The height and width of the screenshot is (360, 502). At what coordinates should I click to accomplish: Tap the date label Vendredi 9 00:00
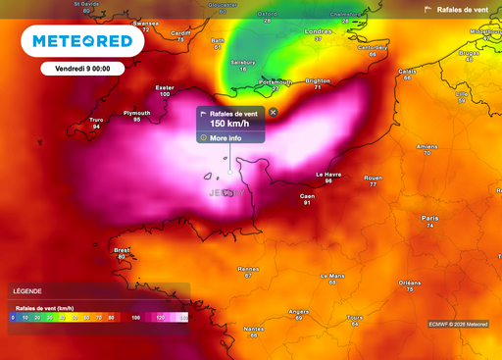[x=75, y=70]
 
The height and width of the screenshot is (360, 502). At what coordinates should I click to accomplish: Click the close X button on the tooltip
[x=273, y=113]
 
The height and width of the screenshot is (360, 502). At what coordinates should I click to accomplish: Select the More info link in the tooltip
[x=225, y=138]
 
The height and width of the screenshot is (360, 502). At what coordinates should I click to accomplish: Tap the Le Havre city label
[x=328, y=175]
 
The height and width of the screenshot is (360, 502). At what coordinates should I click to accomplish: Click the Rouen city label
[x=373, y=179]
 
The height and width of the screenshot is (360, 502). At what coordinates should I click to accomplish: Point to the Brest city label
[x=122, y=250]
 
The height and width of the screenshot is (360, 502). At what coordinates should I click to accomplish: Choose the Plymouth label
[x=136, y=113]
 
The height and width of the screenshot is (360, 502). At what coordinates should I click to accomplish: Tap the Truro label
[x=96, y=120]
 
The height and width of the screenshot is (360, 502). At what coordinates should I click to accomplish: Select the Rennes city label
[x=248, y=268]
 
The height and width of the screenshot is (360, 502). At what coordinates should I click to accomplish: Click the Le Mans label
[x=333, y=277]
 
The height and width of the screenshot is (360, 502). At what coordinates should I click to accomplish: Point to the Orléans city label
[x=410, y=283]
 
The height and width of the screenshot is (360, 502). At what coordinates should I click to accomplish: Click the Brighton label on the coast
[x=317, y=81]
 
